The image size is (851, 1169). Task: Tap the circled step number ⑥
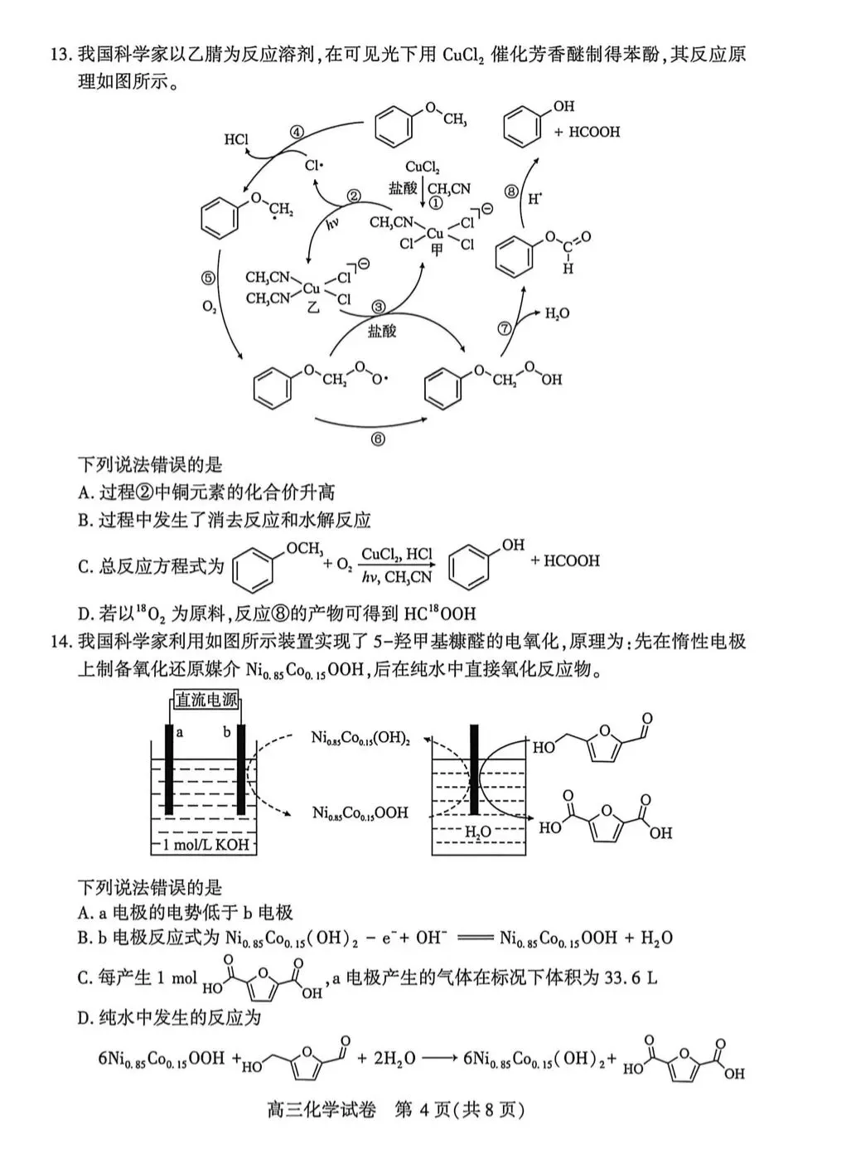pos(378,439)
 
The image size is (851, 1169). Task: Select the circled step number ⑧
pos(511,192)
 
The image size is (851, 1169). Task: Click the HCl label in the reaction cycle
pos(236,139)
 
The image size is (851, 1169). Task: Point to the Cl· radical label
pos(314,166)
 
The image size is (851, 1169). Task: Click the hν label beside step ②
pos(333,222)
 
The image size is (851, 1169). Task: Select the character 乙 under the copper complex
pos(313,308)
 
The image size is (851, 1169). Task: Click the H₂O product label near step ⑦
pos(557,314)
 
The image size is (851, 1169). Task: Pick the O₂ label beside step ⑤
pos(210,307)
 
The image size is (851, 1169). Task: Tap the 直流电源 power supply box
pos(206,700)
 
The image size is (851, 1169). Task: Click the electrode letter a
pos(180,732)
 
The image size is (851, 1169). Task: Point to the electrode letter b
pos(227,732)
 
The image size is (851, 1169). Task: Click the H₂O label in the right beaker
pos(477,832)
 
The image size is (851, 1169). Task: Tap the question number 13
pos(61,55)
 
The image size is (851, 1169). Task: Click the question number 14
pos(61,641)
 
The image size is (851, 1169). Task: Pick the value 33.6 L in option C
pos(631,977)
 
